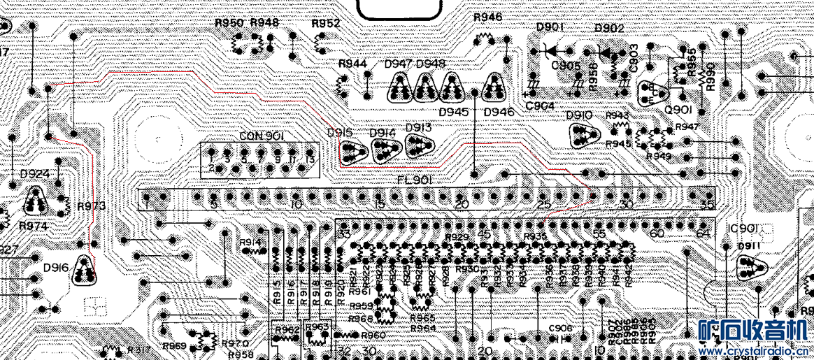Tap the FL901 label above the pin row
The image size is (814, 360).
pyautogui.click(x=415, y=180)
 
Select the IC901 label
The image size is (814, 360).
pyautogui.click(x=742, y=229)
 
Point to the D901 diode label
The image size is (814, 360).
pyautogui.click(x=550, y=27)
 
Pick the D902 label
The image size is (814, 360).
pyautogui.click(x=609, y=28)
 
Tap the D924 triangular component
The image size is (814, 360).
pyautogui.click(x=35, y=202)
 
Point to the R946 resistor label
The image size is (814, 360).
pyautogui.click(x=487, y=17)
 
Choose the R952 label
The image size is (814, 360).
pyautogui.click(x=326, y=23)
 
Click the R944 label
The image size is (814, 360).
pyautogui.click(x=352, y=64)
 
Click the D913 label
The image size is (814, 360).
pyautogui.click(x=418, y=127)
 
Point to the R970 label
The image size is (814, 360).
pyautogui.click(x=235, y=343)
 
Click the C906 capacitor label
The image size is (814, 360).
pyautogui.click(x=560, y=329)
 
